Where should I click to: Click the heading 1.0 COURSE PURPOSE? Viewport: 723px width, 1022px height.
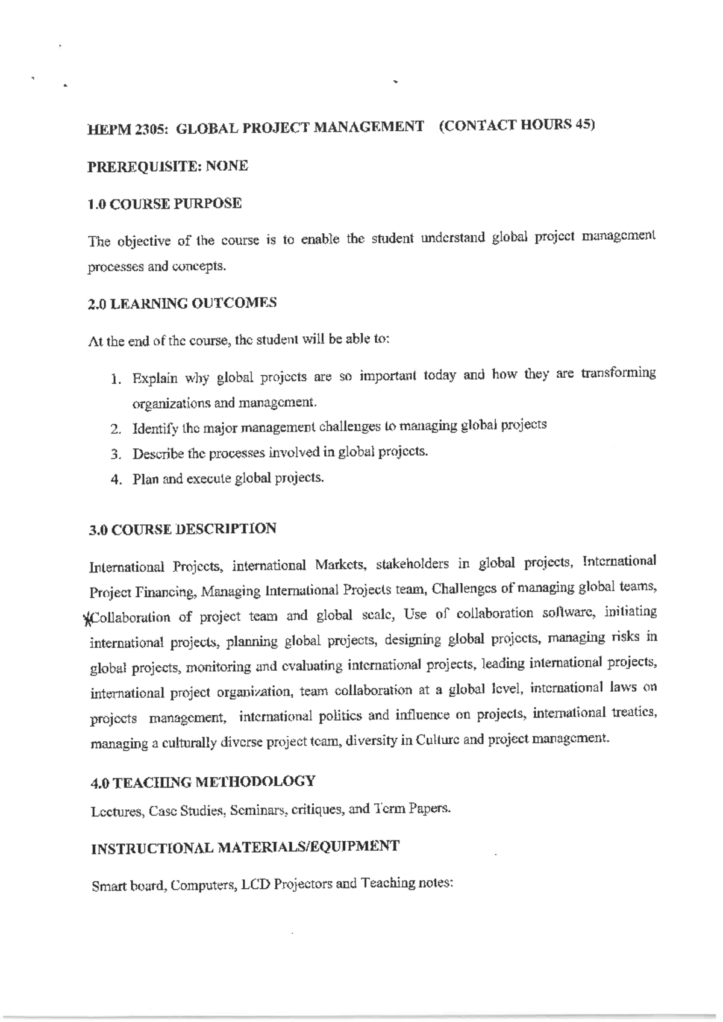[x=164, y=204]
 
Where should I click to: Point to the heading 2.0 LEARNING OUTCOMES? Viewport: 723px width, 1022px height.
[x=182, y=303]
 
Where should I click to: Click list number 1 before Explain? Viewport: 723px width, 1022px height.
[x=114, y=380]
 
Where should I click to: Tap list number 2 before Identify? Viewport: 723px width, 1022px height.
[x=114, y=430]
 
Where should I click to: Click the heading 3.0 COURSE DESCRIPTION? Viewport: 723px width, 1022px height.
[x=183, y=530]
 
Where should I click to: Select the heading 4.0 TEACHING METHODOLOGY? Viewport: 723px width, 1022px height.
[x=202, y=783]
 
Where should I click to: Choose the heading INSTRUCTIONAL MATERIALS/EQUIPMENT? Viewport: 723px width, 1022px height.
[x=245, y=848]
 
